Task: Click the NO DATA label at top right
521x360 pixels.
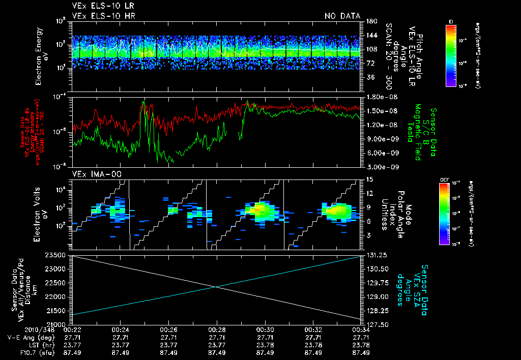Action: [x=342, y=16]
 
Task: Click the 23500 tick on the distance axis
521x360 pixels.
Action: [x=57, y=255]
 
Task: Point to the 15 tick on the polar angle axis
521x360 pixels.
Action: [x=369, y=179]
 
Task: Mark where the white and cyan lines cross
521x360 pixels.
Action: [x=217, y=287]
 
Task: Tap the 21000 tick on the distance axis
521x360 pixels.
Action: [x=57, y=324]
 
